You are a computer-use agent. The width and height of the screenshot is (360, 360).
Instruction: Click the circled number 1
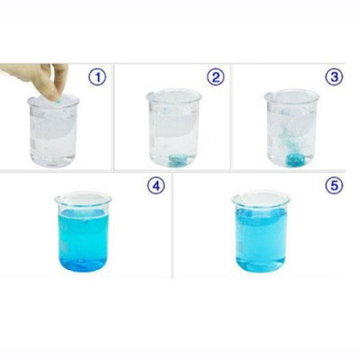pyautogui.click(x=96, y=76)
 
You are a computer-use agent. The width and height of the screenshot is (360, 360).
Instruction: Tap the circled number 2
pyautogui.click(x=215, y=76)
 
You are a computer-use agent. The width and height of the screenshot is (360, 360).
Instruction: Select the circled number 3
pyautogui.click(x=335, y=76)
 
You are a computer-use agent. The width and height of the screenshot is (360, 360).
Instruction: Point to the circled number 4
pyautogui.click(x=156, y=186)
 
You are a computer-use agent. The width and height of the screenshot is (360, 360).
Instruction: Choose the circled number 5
pyautogui.click(x=334, y=186)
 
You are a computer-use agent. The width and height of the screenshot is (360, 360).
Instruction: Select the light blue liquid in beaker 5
pyautogui.click(x=261, y=243)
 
